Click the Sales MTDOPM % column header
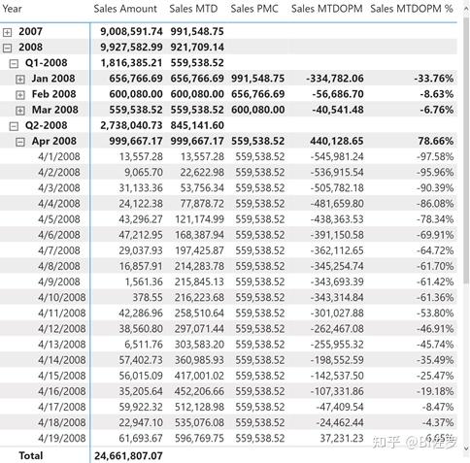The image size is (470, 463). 412,9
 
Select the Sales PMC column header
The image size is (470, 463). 254,9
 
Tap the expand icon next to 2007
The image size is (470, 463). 7,32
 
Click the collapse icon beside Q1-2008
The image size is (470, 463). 14,63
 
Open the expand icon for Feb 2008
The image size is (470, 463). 20,95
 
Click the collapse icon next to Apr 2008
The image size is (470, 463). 20,142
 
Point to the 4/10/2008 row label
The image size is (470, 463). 62,297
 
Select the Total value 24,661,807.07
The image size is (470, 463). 128,456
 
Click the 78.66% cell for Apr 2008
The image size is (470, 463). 436,141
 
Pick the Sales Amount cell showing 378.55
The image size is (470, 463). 148,297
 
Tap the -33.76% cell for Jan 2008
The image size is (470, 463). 433,79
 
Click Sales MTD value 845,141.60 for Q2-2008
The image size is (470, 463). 197,125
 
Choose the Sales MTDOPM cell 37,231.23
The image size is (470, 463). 342,438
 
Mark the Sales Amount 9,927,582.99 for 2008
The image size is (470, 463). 131,47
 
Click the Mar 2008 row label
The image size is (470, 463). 54,110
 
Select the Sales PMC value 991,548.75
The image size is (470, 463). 257,79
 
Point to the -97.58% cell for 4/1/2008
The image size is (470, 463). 435,156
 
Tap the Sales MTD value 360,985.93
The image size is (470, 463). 199,360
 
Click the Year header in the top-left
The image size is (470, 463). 12,9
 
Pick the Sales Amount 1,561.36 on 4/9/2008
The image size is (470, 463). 144,281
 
